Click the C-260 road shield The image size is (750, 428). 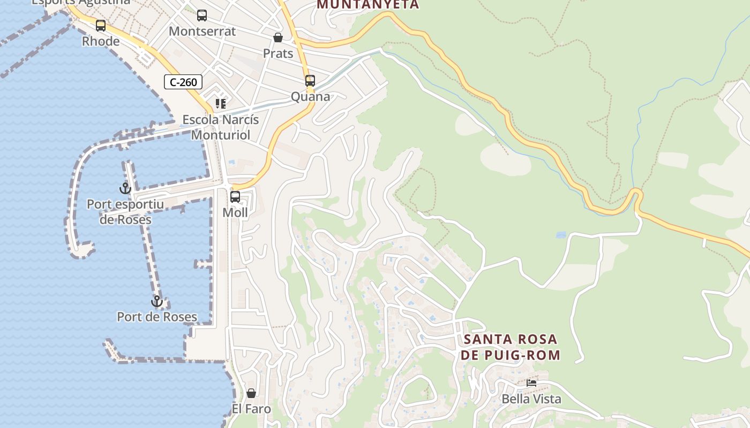[183, 82]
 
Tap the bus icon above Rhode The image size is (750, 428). [101, 25]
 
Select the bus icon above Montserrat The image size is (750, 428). [202, 16]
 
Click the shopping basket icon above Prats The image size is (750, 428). [278, 37]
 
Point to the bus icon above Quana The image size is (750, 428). [310, 81]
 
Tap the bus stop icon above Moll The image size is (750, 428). [235, 197]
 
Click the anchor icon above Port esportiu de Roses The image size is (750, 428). [125, 188]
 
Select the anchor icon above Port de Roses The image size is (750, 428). [157, 301]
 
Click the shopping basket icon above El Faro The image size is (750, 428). [251, 393]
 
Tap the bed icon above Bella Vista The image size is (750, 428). [531, 383]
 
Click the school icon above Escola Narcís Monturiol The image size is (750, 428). [221, 103]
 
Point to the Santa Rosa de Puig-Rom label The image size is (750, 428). [511, 347]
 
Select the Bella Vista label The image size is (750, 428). [531, 399]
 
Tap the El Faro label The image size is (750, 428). [251, 409]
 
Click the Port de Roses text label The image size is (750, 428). [157, 317]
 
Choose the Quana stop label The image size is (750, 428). [311, 97]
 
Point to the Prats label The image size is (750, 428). [278, 53]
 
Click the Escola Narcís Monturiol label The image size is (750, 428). [221, 127]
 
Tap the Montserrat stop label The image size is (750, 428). [202, 32]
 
